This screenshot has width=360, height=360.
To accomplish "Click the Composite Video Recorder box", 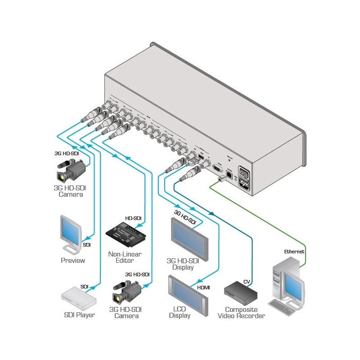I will pyautogui.click(x=241, y=293).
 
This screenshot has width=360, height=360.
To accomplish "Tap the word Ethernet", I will pyautogui.click(x=294, y=252).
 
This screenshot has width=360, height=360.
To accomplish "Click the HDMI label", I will pyautogui.click(x=204, y=287).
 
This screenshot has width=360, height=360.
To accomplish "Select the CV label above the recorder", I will pyautogui.click(x=246, y=282).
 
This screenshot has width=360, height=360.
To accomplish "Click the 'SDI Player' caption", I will pyautogui.click(x=79, y=315).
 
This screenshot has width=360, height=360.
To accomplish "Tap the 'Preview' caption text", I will pyautogui.click(x=73, y=261).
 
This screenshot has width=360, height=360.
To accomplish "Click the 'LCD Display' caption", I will pyautogui.click(x=180, y=312).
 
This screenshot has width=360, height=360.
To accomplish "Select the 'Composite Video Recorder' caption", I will pyautogui.click(x=241, y=313).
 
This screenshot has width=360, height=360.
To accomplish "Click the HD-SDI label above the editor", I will pyautogui.click(x=133, y=218).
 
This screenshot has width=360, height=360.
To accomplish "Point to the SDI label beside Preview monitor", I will pyautogui.click(x=87, y=245).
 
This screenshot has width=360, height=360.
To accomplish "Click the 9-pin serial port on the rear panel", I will pyautogui.click(x=217, y=169).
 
